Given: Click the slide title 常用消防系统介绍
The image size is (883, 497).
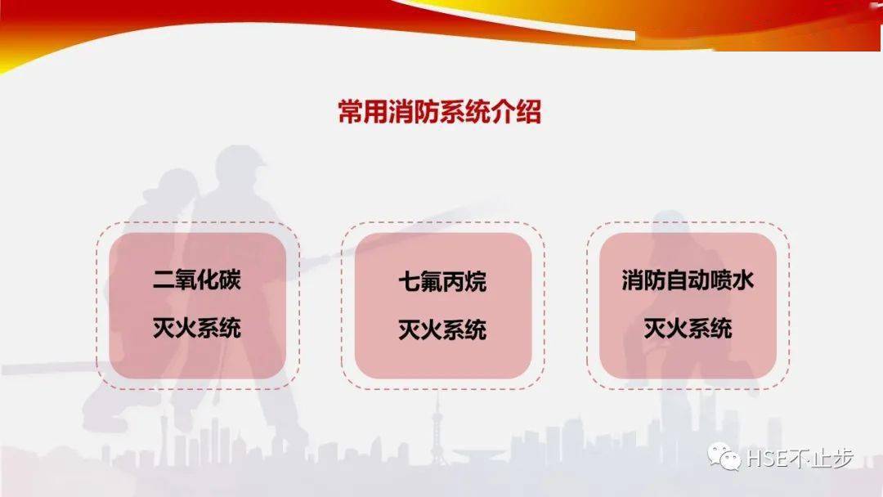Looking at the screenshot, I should pos(440,111).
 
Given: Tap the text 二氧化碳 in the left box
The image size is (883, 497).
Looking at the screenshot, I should pos(197,281).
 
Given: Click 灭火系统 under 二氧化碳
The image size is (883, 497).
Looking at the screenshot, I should pos(197,329).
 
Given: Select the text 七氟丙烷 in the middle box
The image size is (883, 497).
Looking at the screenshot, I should pos(442,282).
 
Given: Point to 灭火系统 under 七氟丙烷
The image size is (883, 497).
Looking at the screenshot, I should pos(442,329).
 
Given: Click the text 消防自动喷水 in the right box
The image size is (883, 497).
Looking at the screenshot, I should pos(688,281).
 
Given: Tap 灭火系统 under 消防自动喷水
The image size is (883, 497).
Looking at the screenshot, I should pos(688,329).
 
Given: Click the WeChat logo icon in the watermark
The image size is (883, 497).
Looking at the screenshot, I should pos(725,457).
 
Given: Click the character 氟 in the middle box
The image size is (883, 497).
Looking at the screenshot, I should pos(431,282).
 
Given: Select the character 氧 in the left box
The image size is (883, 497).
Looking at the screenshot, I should pos(186,281).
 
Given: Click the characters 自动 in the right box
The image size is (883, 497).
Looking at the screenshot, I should pos(688,281).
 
